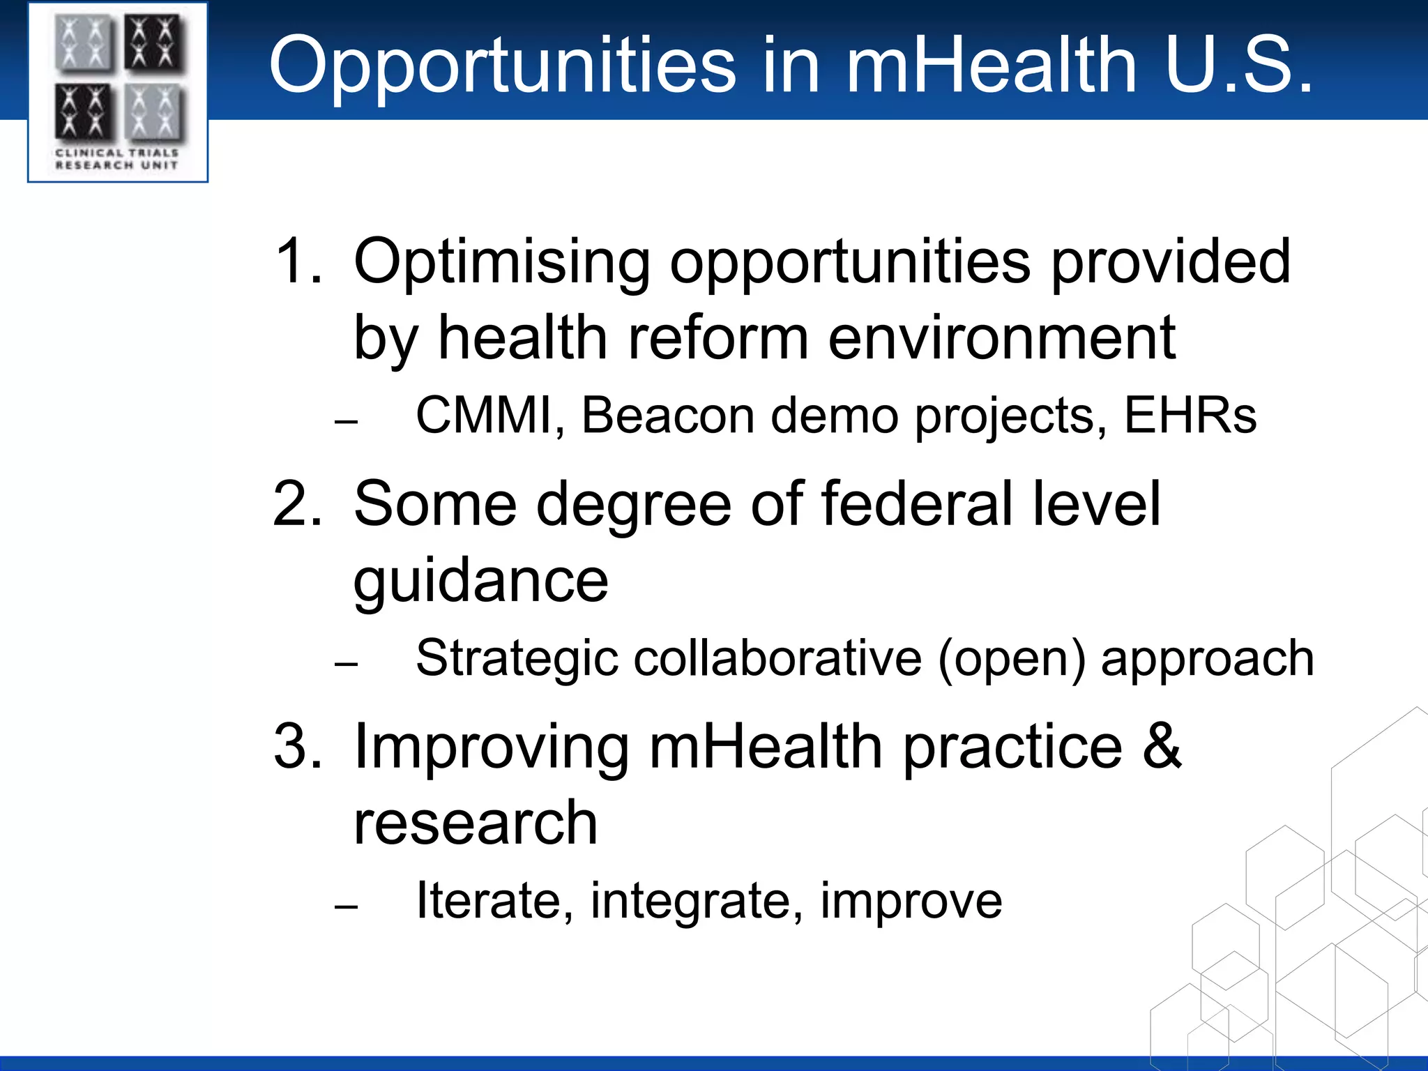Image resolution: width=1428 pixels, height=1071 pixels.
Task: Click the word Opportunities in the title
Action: click(x=502, y=66)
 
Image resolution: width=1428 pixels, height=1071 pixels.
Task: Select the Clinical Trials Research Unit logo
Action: click(x=118, y=93)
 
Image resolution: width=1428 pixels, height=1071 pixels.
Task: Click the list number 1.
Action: click(x=298, y=261)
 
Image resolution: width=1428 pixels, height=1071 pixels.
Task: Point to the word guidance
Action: click(x=480, y=582)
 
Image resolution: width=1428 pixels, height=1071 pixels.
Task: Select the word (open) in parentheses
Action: click(x=1012, y=658)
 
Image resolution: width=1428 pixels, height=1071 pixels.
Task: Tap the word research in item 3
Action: click(x=476, y=823)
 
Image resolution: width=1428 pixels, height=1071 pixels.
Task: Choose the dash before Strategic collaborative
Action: click(x=346, y=664)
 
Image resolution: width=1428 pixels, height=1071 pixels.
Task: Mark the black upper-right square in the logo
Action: click(x=155, y=43)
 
